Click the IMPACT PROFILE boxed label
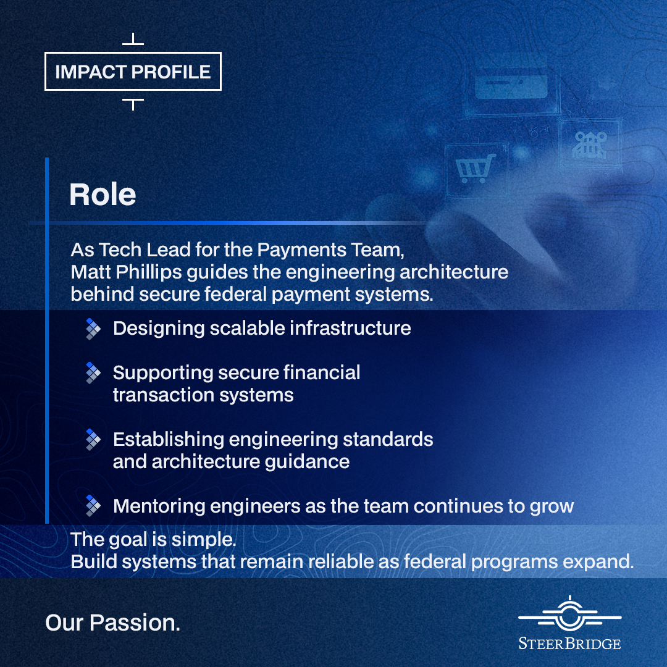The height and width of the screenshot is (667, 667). (x=133, y=72)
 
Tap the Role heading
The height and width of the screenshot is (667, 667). (x=103, y=195)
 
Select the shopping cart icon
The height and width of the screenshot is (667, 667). (x=475, y=169)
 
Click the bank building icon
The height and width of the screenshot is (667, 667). (x=590, y=145)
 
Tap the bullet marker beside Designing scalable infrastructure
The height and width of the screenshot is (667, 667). (x=93, y=329)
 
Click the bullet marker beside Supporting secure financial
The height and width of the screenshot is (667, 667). (x=93, y=373)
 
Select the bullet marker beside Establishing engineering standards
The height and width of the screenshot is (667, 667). (x=93, y=440)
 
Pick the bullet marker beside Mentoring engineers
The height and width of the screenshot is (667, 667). (x=93, y=506)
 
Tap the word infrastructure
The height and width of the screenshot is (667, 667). (x=351, y=329)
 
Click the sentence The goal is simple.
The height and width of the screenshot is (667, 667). (x=153, y=539)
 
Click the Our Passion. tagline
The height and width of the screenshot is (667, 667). (x=113, y=623)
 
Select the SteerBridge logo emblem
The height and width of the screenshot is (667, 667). (x=569, y=614)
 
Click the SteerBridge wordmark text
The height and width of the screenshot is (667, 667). (x=569, y=644)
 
